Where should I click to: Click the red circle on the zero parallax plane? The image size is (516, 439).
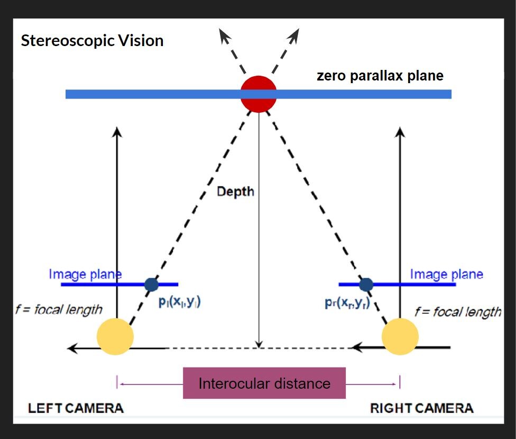click(259, 94)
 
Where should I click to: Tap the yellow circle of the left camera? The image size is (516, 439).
click(115, 336)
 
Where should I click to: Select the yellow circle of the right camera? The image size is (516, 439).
click(400, 336)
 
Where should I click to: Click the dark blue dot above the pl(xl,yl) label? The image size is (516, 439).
click(152, 285)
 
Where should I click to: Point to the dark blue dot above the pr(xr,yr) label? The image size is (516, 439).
click(366, 285)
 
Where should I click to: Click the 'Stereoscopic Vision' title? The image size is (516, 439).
click(92, 41)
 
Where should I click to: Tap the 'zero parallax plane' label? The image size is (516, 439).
click(380, 76)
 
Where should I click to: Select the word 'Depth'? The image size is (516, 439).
click(235, 192)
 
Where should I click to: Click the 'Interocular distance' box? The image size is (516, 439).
click(264, 383)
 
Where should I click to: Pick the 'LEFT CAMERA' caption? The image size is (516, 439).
click(76, 408)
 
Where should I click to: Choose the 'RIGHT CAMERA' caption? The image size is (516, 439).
click(421, 408)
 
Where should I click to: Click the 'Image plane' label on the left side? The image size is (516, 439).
click(85, 274)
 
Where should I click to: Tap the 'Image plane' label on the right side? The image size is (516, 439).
click(447, 274)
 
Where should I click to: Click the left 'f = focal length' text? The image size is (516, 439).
click(59, 309)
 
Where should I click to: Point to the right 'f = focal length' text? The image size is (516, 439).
click(458, 311)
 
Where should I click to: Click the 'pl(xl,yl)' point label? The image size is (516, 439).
click(180, 302)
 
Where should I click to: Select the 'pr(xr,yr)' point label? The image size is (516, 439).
click(346, 302)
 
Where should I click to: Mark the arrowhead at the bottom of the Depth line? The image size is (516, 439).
click(259, 344)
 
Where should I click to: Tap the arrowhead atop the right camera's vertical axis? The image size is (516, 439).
click(400, 131)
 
